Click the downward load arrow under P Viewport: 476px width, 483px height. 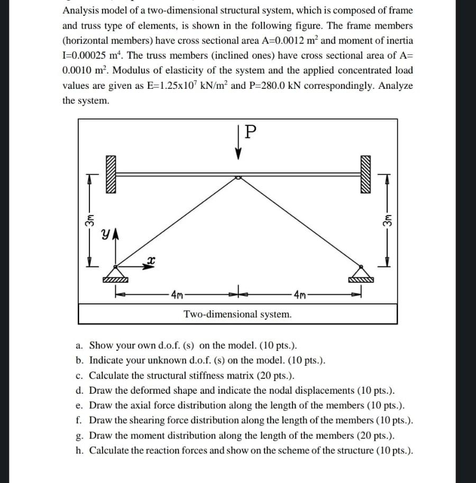(239, 147)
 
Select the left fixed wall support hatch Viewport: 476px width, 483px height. (109, 174)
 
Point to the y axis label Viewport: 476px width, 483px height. (106, 233)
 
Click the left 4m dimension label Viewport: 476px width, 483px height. (177, 294)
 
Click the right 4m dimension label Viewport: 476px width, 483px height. (300, 294)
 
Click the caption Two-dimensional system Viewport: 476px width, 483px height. (237, 314)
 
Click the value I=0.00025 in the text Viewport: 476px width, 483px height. (87, 55)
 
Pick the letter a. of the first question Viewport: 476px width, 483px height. (79, 346)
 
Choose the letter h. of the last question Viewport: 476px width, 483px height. (79, 451)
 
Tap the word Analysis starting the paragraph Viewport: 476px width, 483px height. (81, 11)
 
